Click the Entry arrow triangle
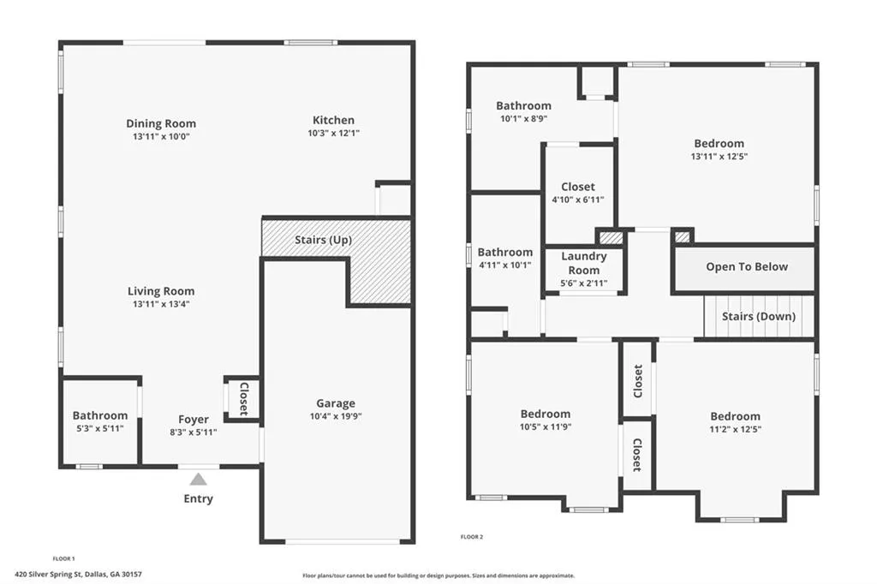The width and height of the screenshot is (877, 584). coord(198,480)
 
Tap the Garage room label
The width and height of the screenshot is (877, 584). coord(336,403)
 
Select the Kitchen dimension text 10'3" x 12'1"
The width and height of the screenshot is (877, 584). coord(333,133)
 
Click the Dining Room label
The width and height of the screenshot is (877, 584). coord(161,123)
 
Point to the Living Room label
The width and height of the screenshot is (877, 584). coord(161,291)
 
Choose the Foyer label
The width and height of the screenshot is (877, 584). coord(194,420)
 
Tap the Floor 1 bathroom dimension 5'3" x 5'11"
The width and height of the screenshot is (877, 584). coord(100,428)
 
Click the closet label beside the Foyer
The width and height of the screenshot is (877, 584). coord(242,399)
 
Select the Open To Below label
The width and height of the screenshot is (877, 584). coord(747,266)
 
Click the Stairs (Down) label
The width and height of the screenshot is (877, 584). coord(758,316)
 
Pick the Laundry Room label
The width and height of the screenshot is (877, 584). coord(584,263)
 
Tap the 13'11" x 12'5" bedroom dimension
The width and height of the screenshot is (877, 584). coord(718,157)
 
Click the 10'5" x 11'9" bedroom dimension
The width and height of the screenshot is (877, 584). coord(545,426)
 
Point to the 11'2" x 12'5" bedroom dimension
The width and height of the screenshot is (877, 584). coord(735,429)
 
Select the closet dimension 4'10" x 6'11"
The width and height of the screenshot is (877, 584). coord(577,200)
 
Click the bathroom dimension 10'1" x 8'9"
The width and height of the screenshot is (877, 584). coord(523,119)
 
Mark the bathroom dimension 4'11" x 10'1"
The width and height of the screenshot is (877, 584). coord(504,265)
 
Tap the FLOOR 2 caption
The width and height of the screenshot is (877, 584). coord(472,537)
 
